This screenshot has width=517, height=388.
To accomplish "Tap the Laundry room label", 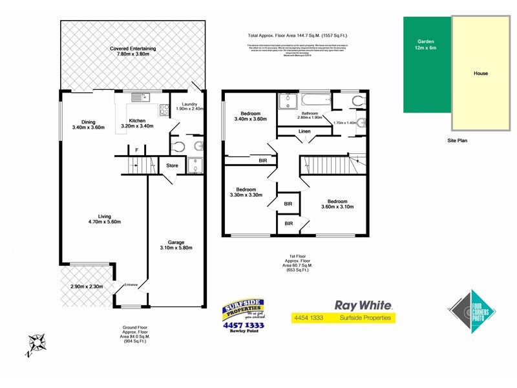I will pos(189,103).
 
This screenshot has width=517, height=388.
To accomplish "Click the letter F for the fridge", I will pos(136,150).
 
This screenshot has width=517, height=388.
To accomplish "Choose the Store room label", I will pos(172,166).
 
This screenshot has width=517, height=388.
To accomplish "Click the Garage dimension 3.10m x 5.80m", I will pos(176,247).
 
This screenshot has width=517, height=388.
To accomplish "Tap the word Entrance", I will pos(131,284).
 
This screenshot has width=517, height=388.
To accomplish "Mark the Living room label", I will pos(100,216).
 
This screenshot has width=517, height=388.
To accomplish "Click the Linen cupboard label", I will pos(304,132).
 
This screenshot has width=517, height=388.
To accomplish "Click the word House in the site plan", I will pos(480,73).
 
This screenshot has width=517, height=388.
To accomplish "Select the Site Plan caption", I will pos(457,140).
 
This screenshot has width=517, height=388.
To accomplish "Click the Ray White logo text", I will pos(363,305).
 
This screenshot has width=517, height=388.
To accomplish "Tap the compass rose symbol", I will pos(37,342).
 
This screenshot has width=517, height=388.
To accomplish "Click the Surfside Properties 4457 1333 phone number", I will pos(243,325).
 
